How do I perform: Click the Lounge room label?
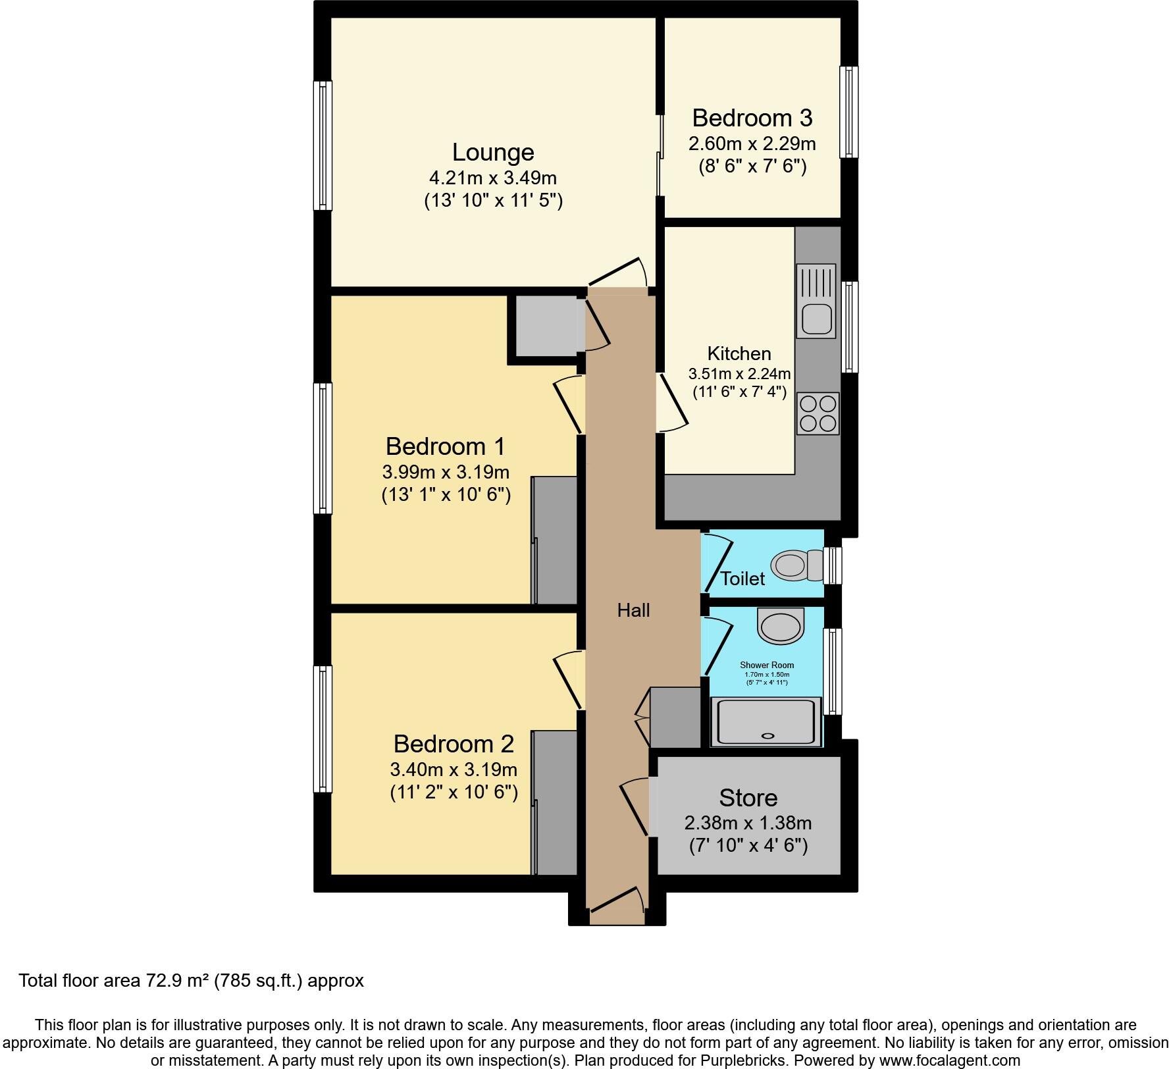(492, 153)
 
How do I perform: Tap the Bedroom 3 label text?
(752, 118)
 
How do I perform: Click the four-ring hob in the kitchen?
(818, 413)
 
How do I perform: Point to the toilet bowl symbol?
(789, 565)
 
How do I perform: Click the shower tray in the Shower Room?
(766, 722)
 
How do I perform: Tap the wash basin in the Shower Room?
(781, 624)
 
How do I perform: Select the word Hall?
(633, 611)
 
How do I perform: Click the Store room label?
(748, 798)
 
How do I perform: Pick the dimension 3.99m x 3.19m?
(446, 472)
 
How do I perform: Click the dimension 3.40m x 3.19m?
(454, 769)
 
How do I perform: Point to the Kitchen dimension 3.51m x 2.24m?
(739, 374)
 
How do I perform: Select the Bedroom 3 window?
(849, 112)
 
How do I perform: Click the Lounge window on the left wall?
(323, 145)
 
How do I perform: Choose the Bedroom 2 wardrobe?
(554, 802)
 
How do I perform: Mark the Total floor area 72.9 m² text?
(191, 981)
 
